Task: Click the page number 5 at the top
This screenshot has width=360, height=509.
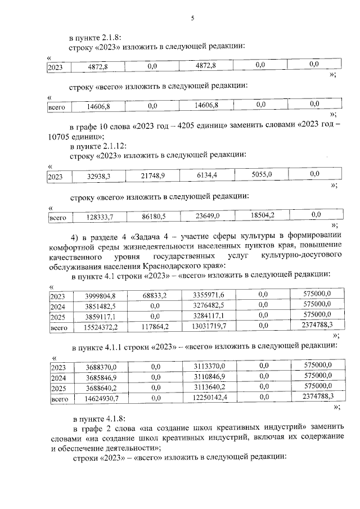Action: point(192,18)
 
